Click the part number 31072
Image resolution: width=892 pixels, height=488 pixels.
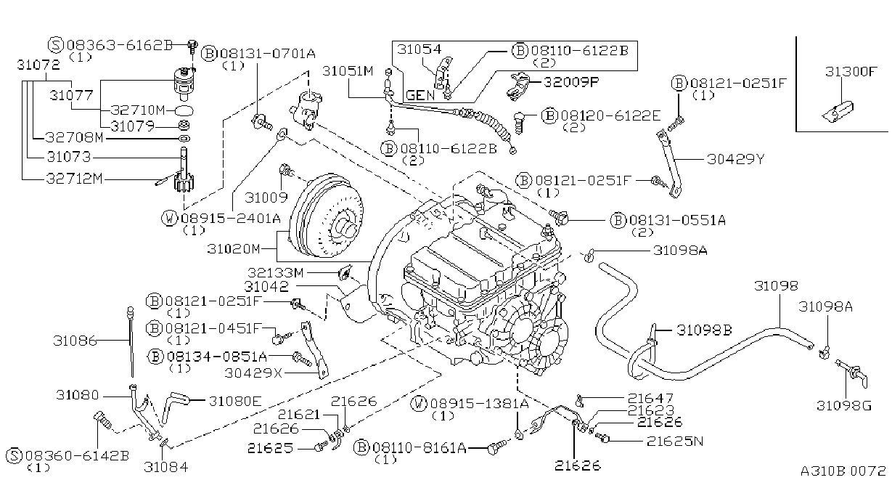(38, 65)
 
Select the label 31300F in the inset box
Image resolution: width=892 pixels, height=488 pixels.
(851, 71)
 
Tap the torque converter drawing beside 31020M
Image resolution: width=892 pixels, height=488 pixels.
(327, 216)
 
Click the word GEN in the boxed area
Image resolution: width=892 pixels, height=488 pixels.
(420, 95)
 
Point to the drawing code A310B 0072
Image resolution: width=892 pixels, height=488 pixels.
(843, 471)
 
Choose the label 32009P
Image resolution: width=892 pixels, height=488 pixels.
(571, 82)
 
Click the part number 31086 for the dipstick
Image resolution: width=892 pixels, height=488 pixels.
(75, 341)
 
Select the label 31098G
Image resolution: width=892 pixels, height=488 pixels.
(844, 405)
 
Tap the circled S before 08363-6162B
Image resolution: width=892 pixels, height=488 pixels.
(56, 45)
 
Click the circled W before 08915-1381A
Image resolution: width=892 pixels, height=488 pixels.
(419, 404)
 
